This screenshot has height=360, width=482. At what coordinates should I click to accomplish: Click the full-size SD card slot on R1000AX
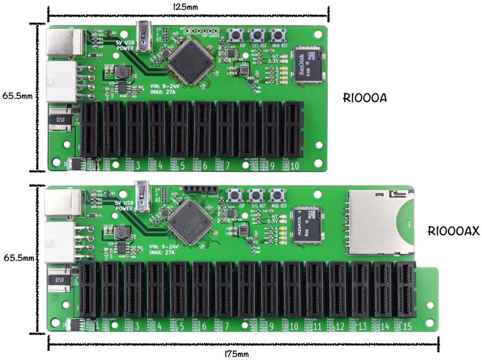click(380, 222)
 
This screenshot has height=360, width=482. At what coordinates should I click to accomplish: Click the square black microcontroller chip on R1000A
click(191, 59)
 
